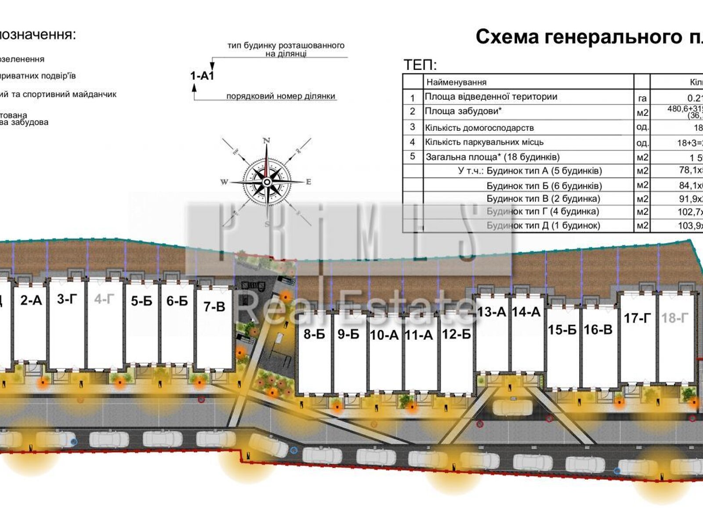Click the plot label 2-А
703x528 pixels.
(x=31, y=301)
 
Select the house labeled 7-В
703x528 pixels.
(x=214, y=307)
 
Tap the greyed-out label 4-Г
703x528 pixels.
(x=104, y=300)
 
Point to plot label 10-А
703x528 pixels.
(x=384, y=335)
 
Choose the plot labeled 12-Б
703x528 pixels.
(x=456, y=334)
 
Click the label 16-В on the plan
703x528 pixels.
(x=598, y=330)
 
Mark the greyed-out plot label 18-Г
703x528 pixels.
(x=675, y=318)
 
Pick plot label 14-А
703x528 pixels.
(x=526, y=312)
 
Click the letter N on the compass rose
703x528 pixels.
(x=266, y=141)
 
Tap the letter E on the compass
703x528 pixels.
(x=308, y=182)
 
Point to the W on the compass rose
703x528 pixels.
(x=224, y=182)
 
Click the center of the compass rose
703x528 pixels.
(x=267, y=182)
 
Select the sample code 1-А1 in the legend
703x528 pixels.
(x=202, y=76)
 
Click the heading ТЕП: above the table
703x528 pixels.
(x=420, y=66)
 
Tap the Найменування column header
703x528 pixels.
(x=456, y=82)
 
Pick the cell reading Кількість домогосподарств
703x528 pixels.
(x=479, y=128)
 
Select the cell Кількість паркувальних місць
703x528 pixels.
(x=484, y=142)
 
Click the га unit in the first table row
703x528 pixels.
(x=642, y=98)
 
